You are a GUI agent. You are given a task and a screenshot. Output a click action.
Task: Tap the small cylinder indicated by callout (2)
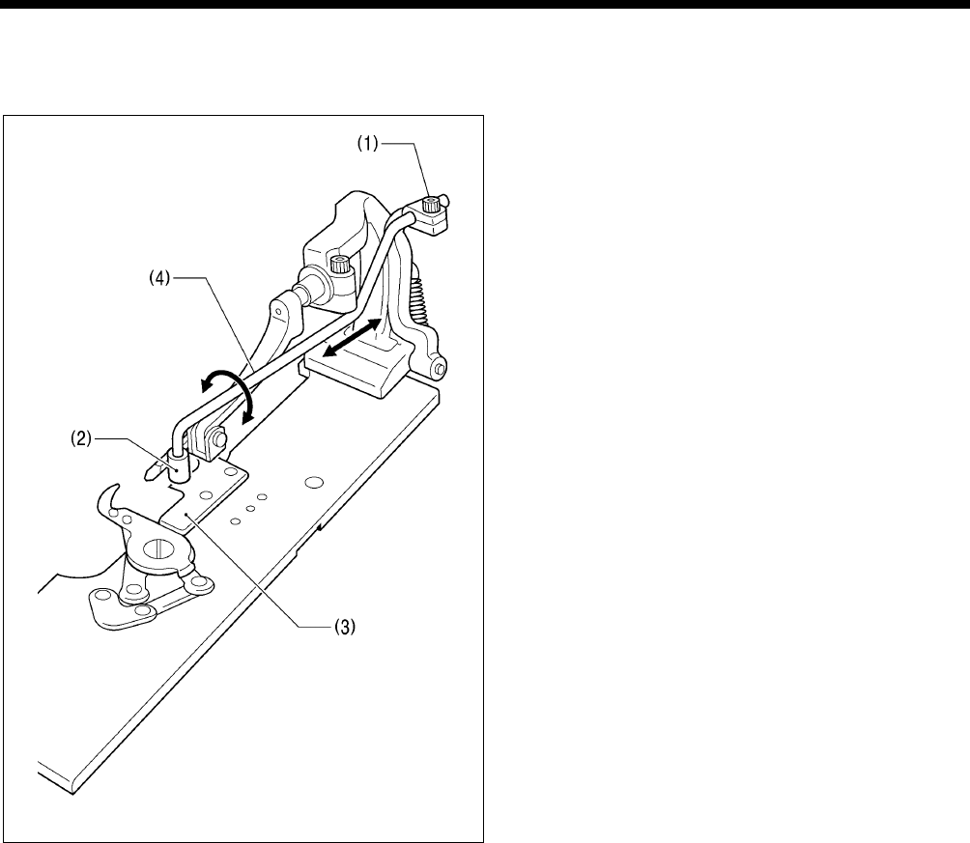[x=177, y=464]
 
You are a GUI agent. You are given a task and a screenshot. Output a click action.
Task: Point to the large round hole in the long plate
[x=311, y=480]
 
